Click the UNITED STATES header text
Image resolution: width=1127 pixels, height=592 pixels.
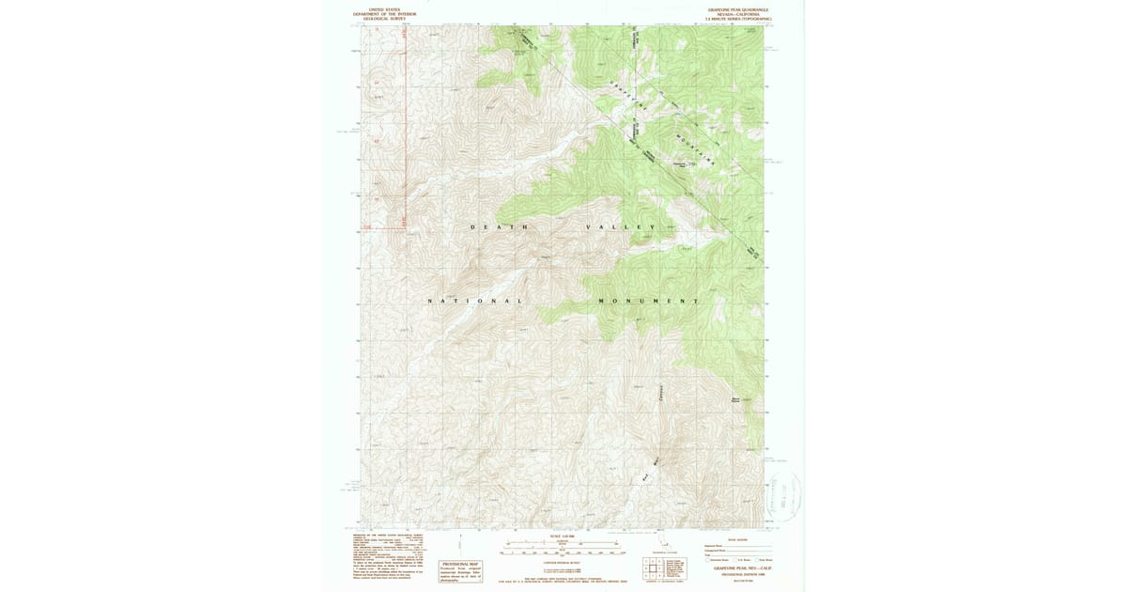coord(383,9)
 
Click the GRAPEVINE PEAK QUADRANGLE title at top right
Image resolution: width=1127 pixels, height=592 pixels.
coord(738,9)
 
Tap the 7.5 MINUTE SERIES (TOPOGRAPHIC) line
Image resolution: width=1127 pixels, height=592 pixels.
coord(738,19)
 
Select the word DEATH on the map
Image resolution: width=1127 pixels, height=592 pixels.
coord(499,227)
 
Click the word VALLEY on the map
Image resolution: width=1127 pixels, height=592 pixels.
coord(621,227)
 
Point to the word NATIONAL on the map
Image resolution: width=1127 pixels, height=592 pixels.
coord(474,301)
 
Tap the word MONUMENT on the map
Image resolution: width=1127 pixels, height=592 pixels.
coord(649,301)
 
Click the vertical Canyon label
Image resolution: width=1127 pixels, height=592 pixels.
coord(661,395)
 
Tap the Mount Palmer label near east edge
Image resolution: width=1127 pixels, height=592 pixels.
coord(737,400)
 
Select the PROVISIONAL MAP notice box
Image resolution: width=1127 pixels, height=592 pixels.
coord(460,570)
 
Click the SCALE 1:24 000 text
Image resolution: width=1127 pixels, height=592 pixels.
coord(563,537)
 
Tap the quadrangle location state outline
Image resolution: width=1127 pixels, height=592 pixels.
coord(668,544)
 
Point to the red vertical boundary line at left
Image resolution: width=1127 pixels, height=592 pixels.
coord(403,122)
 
